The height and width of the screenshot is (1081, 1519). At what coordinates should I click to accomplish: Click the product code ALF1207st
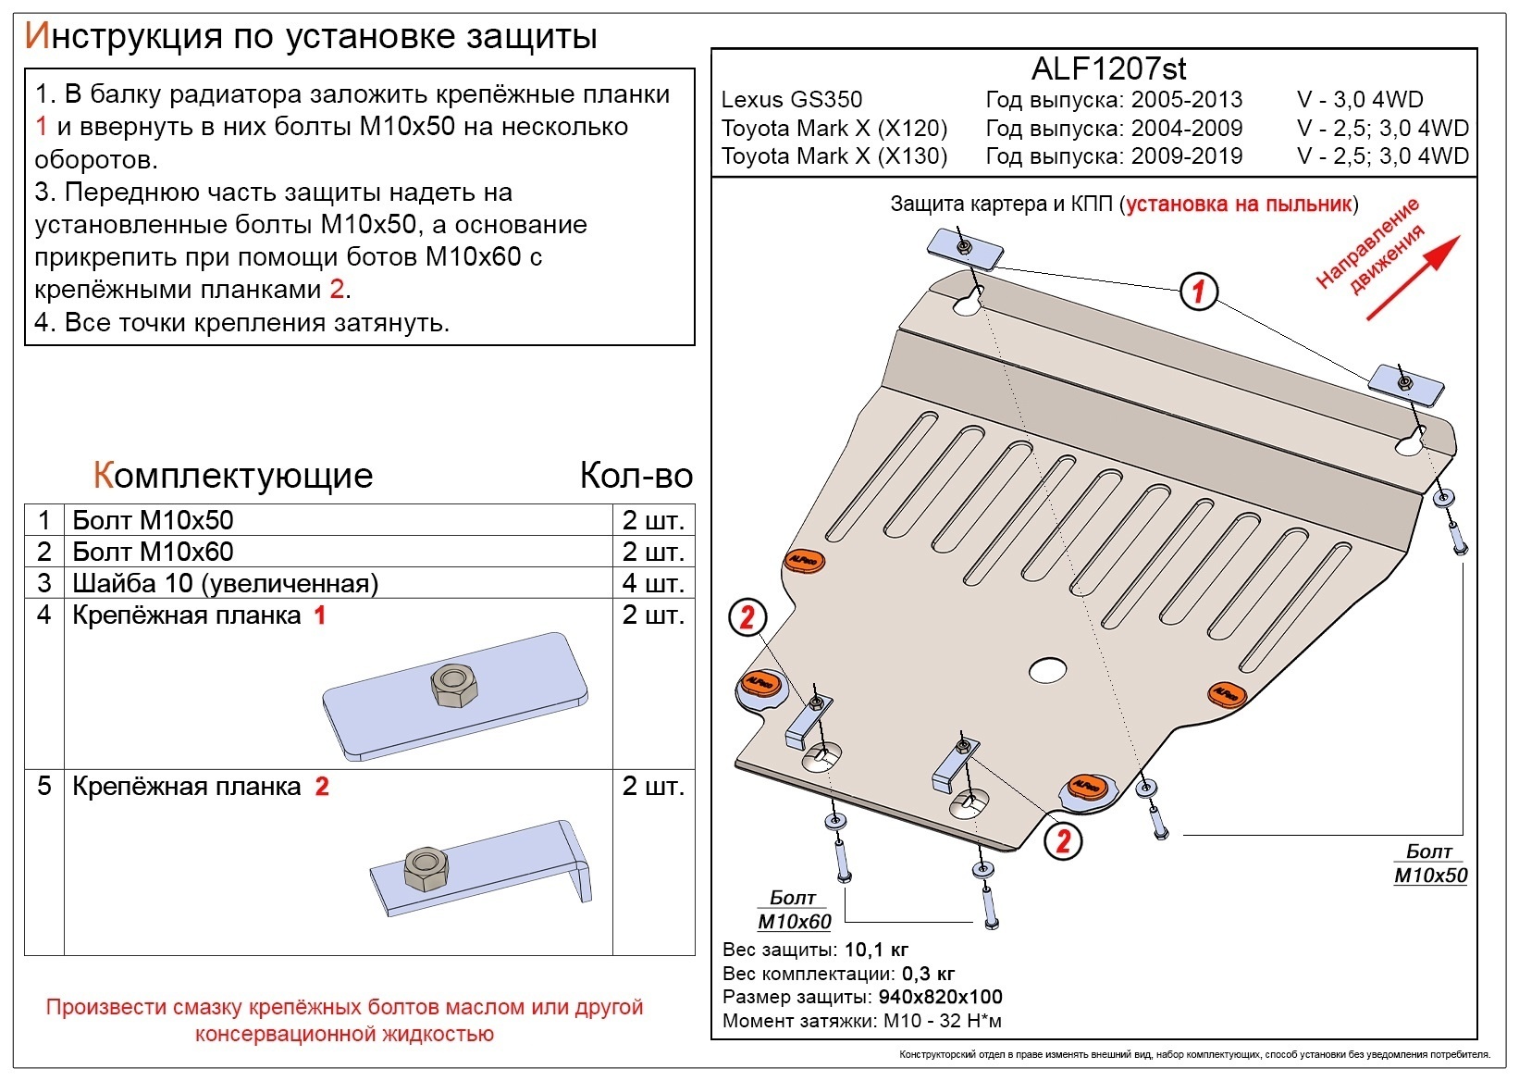[1108, 68]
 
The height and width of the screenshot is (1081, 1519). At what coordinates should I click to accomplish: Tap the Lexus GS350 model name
[791, 100]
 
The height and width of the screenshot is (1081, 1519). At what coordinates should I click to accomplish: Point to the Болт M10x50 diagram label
[1430, 864]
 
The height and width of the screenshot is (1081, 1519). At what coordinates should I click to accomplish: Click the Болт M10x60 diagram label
[794, 910]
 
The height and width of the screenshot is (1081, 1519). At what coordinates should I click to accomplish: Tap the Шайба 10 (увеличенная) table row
[226, 583]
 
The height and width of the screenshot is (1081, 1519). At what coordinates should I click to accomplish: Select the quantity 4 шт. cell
[653, 583]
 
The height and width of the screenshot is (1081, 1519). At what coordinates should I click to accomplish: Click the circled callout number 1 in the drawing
[1198, 292]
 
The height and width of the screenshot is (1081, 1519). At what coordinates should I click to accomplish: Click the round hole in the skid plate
[1047, 670]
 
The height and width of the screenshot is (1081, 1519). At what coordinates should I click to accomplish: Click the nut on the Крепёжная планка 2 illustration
[426, 869]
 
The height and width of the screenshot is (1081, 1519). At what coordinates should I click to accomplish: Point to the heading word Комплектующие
[233, 476]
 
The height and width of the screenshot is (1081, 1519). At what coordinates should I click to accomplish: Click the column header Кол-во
[636, 476]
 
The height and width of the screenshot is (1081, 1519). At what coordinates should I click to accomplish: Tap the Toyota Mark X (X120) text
[834, 129]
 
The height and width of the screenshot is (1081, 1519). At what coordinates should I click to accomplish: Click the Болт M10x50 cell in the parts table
[154, 520]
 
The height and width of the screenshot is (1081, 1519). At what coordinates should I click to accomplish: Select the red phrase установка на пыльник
[1239, 205]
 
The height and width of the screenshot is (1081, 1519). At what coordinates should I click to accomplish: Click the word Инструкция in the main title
[123, 36]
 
